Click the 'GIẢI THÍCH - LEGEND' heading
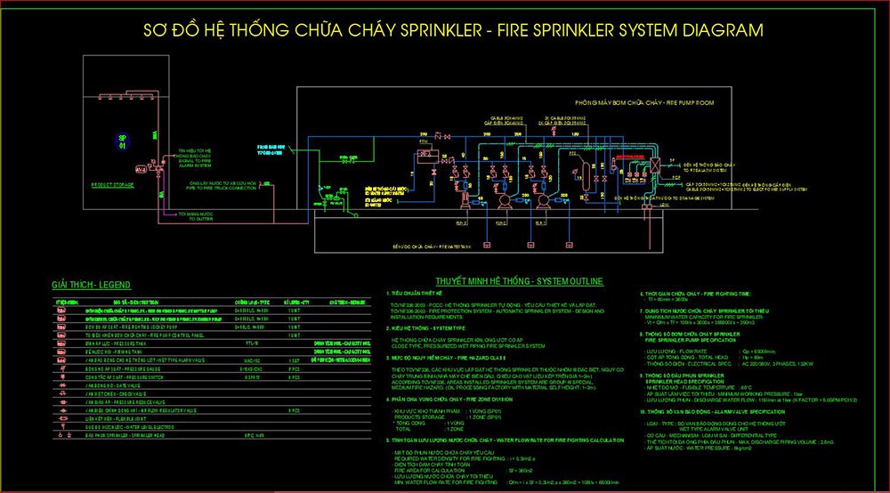click(92, 285)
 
